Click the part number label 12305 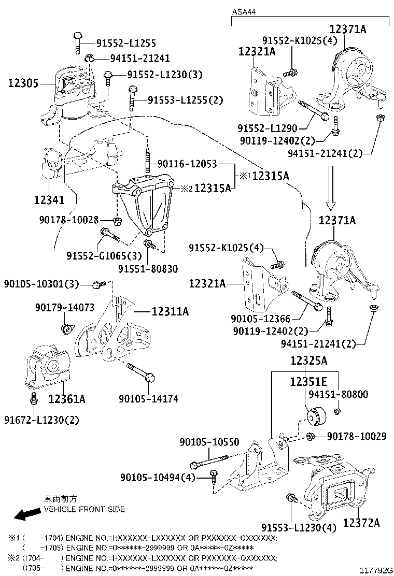tap(23, 82)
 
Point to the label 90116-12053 tap(187, 164)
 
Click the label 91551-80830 tap(148, 269)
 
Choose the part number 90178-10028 tap(68, 220)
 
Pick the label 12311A tap(170, 311)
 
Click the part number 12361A tap(67, 399)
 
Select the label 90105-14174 tap(148, 399)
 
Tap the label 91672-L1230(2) tap(42, 420)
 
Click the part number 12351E tap(308, 382)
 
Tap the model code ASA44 tap(243, 11)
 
